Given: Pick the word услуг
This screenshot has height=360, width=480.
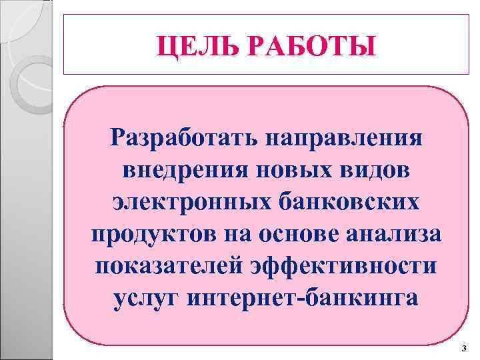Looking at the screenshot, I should pyautogui.click(x=142, y=297).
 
